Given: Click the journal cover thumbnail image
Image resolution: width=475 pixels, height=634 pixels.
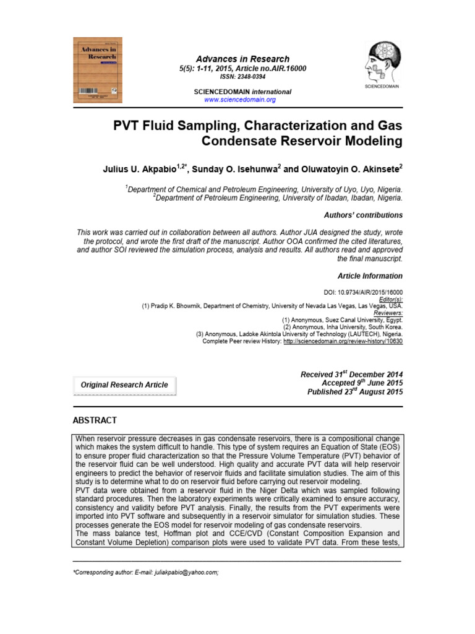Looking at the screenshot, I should pos(98,67).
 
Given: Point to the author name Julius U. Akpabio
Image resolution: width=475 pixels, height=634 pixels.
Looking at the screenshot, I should pos(141,168).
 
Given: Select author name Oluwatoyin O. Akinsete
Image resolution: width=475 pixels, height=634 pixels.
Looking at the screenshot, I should pos(343,168).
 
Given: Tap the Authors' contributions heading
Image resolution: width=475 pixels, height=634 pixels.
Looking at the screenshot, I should pos(363,215).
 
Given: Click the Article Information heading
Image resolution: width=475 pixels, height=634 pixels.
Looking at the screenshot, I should pos(370,276).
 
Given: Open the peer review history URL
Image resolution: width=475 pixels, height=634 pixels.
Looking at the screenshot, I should pos(343,341).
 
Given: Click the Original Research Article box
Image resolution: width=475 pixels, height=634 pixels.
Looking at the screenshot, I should pos(124,385).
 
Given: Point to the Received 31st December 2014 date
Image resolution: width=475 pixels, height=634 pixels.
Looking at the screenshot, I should pos(351,375).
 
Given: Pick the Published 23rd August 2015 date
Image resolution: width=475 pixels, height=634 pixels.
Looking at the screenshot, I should pos(355,392).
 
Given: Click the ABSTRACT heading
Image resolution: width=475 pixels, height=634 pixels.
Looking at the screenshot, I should pos(95,420).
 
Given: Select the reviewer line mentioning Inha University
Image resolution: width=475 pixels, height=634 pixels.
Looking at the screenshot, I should pos(343,326).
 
